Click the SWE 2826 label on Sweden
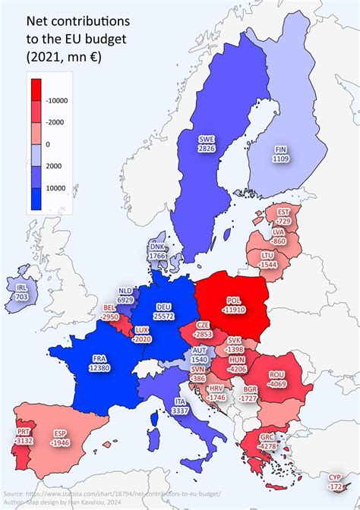(x=207, y=144)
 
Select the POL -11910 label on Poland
(x=233, y=305)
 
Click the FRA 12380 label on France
(x=100, y=364)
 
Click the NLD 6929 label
(x=125, y=296)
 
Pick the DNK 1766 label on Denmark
(x=157, y=251)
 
